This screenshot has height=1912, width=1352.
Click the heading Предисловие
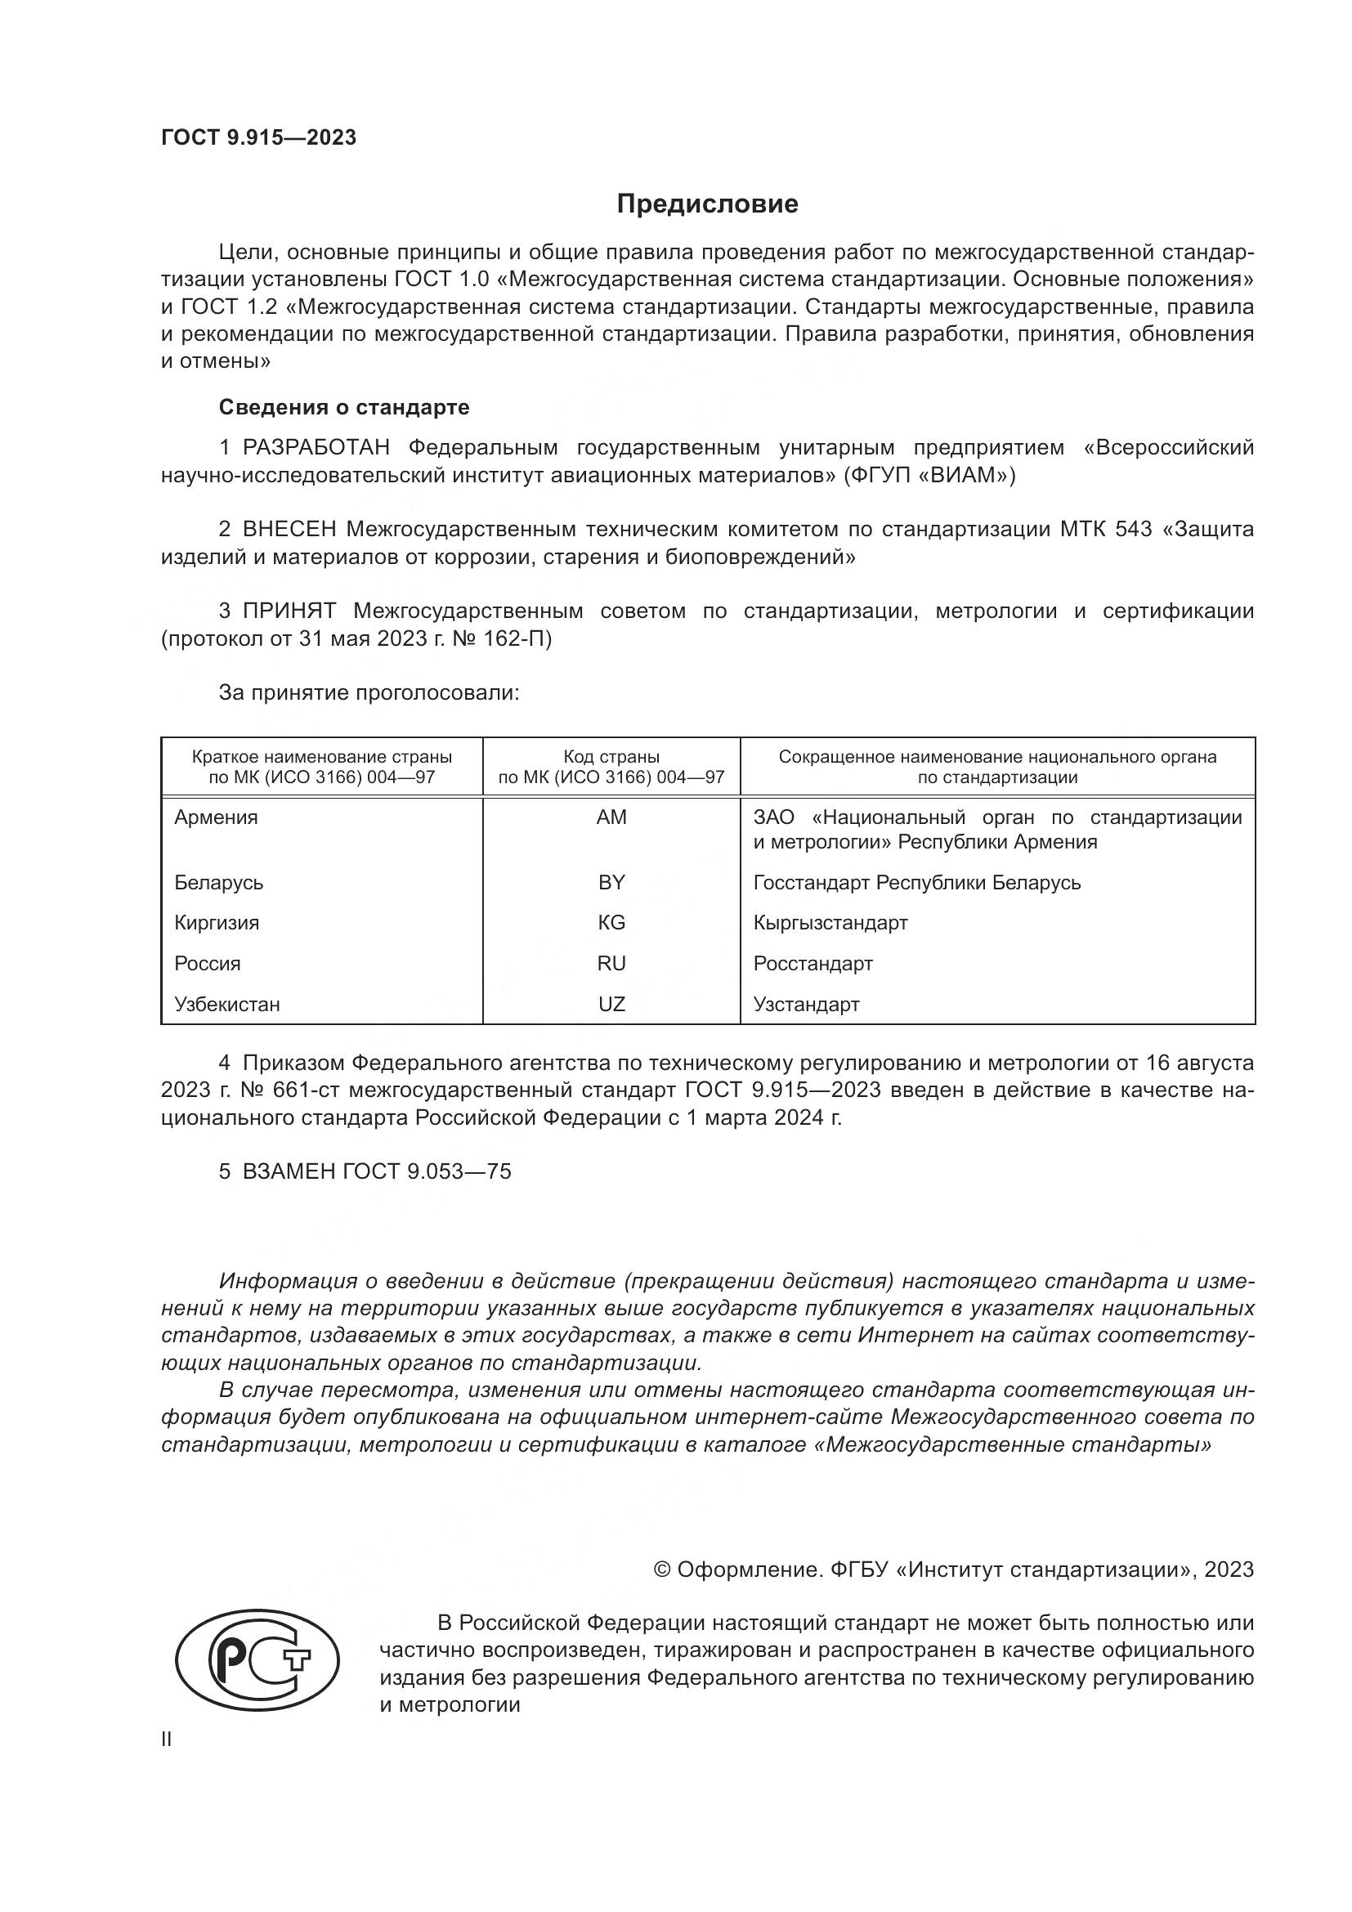coord(707,204)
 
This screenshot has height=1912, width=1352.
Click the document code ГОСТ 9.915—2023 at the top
coord(258,137)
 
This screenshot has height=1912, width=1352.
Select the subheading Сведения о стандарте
coord(344,407)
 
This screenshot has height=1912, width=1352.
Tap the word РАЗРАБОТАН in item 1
coord(316,448)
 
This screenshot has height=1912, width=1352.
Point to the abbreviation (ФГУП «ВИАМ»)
coord(929,476)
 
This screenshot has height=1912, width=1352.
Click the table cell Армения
coord(217,817)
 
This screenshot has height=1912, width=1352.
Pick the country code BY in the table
coord(611,883)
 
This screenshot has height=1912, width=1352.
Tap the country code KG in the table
coord(611,923)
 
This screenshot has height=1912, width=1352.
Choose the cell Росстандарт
coord(813,964)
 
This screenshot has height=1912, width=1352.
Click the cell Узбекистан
coord(227,1005)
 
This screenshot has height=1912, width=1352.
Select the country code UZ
coord(611,1005)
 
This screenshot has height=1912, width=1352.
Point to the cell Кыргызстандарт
coord(830,923)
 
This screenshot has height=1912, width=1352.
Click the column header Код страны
coord(611,757)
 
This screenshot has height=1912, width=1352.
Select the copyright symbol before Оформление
coord(662,1569)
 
